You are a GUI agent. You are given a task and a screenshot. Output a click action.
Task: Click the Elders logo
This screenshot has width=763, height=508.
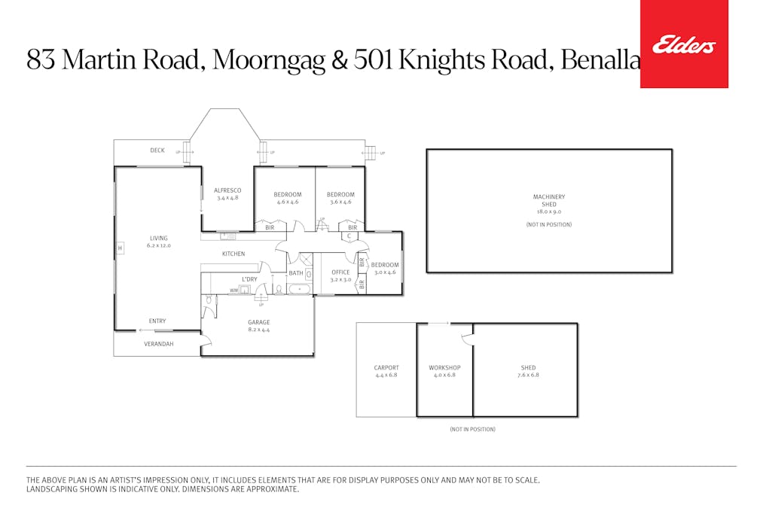(684, 45)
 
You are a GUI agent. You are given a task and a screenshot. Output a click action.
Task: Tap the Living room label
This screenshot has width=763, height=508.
(158, 239)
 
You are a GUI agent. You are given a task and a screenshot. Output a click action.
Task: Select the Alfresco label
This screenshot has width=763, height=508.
(227, 190)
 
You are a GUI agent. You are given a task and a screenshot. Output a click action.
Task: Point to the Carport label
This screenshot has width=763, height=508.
(386, 368)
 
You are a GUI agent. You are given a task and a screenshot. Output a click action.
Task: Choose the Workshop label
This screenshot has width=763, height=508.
(444, 368)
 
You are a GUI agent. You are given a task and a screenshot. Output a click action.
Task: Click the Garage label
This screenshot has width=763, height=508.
(258, 322)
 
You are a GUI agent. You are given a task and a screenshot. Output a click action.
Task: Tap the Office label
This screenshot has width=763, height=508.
(340, 272)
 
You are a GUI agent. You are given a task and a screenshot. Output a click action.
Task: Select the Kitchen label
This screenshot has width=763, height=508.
(233, 254)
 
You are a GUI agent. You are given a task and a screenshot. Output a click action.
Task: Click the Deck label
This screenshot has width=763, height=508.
(157, 151)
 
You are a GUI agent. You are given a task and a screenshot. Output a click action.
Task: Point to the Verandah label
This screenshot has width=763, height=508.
(159, 344)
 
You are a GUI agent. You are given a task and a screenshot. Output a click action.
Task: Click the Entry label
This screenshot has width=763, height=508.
(157, 321)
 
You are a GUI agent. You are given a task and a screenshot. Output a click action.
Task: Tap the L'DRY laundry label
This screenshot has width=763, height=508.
(249, 279)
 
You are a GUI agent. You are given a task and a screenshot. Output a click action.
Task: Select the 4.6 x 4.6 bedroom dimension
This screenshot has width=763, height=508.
(287, 202)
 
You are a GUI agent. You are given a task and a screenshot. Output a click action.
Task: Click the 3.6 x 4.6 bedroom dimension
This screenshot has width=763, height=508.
(340, 202)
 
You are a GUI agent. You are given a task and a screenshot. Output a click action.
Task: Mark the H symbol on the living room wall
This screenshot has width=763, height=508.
(119, 248)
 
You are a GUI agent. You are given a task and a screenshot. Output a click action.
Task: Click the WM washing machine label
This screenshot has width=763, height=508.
(233, 290)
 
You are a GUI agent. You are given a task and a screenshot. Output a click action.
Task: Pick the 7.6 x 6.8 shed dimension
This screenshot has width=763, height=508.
(528, 375)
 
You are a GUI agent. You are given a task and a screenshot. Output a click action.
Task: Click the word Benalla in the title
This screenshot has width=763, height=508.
(600, 60)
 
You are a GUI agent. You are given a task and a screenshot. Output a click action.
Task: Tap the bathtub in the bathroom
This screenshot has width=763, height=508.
(299, 289)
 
